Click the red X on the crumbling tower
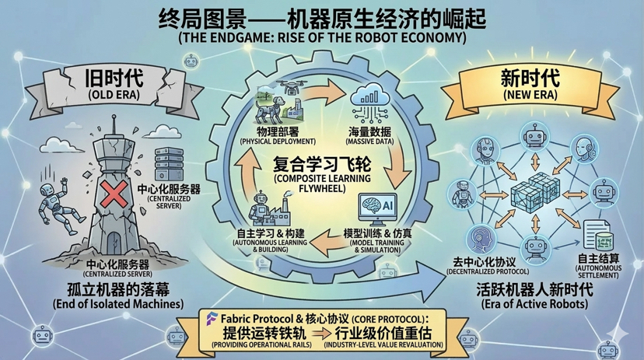tap(112, 192)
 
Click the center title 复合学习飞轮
tap(311, 166)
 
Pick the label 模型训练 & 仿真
tap(379, 233)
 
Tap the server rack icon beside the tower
tap(169, 165)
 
